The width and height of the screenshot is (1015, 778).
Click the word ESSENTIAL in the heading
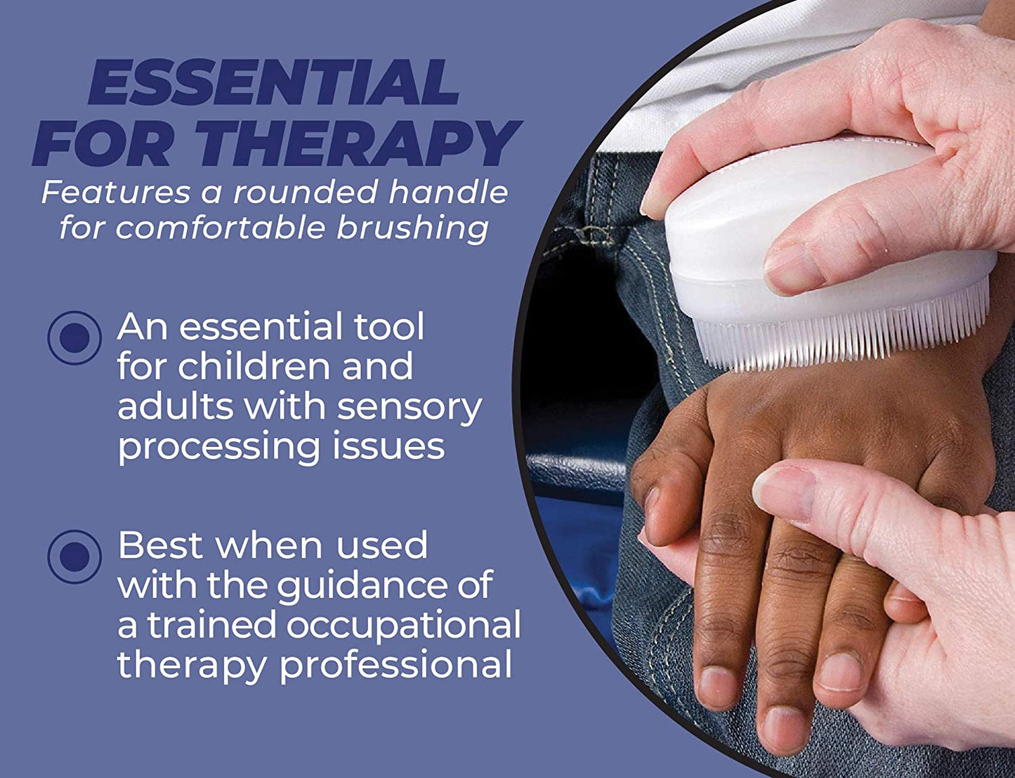[x=273, y=84]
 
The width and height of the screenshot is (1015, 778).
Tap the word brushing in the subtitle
[x=412, y=228]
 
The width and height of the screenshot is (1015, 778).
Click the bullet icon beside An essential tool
[x=74, y=338]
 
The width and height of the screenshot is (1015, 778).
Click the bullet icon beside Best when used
[x=74, y=557]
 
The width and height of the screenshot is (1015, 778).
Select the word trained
[x=211, y=625]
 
